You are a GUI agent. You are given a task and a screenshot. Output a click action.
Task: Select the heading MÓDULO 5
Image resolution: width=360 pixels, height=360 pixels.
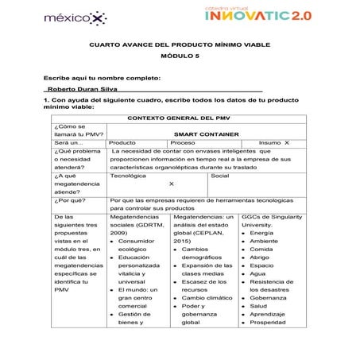(x=179, y=58)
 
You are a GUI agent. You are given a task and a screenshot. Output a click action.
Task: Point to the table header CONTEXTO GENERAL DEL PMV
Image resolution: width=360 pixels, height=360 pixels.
(x=179, y=118)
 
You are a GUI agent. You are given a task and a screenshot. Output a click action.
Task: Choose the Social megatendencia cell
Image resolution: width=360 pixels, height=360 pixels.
(x=220, y=175)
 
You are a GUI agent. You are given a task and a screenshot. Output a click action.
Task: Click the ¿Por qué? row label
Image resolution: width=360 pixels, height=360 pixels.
(x=66, y=201)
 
